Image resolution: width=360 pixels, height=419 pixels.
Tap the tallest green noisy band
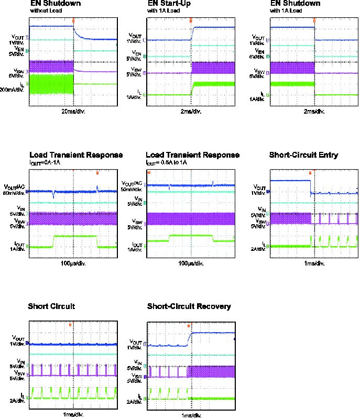pyautogui.click(x=51, y=84)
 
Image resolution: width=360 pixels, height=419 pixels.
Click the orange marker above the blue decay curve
pyautogui.click(x=73, y=21)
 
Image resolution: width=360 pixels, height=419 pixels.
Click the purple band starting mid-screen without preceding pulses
pyautogui.click(x=213, y=68)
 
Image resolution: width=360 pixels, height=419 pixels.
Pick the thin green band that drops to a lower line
pyautogui.click(x=292, y=84)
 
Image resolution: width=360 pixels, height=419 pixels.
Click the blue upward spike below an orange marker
pyautogui.click(x=97, y=187)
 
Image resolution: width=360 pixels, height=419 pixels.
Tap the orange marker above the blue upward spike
pyautogui.click(x=97, y=173)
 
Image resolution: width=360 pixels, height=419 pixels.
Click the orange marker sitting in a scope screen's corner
pyautogui.click(x=149, y=172)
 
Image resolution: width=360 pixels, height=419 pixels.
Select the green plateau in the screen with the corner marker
pyautogui.click(x=191, y=236)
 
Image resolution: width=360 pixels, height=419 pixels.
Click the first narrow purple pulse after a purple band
pyautogui.click(x=320, y=218)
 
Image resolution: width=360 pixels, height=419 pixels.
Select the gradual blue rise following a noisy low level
pyautogui.click(x=189, y=339)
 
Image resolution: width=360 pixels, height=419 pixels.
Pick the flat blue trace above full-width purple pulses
pyautogui.click(x=73, y=344)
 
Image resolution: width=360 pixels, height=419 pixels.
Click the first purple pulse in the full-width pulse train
pyautogui.click(x=32, y=370)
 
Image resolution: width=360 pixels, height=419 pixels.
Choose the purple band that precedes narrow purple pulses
pyautogui.click(x=290, y=218)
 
